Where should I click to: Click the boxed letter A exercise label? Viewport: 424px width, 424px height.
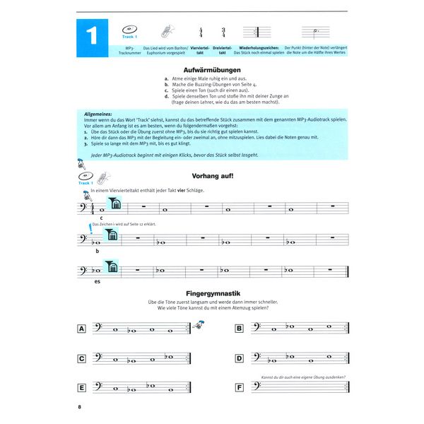(82, 329)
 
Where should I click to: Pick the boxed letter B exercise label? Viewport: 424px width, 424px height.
(239, 329)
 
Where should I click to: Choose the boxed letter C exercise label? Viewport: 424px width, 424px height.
(82, 358)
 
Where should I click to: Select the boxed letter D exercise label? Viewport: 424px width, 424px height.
(239, 358)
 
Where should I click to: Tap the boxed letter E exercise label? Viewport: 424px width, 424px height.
(82, 388)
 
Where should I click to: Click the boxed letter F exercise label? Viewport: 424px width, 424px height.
(239, 388)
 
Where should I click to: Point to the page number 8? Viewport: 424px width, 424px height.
(80, 408)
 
